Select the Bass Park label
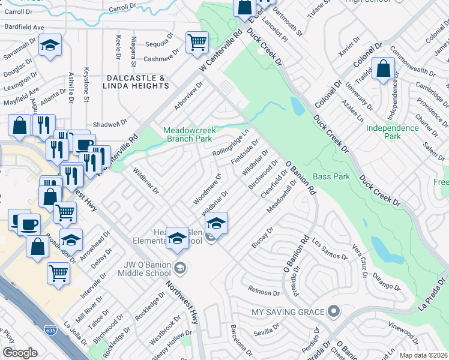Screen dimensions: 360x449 (x=331, y=177)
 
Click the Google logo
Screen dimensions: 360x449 (x=20, y=353)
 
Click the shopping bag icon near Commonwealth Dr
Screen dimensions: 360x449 (x=382, y=68)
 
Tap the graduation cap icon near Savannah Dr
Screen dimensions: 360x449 (x=50, y=45)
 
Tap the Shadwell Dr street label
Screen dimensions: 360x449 (x=111, y=123)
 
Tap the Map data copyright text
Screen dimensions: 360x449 (x=424, y=355)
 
